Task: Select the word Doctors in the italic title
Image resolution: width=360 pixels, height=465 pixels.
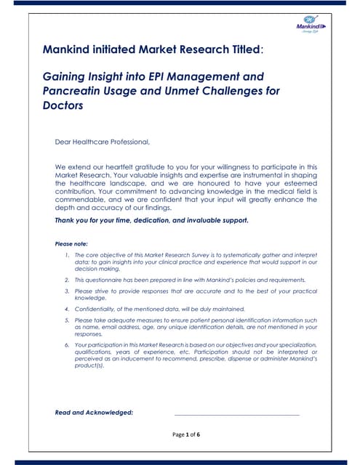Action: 63,105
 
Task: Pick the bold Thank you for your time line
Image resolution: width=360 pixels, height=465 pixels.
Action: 152,219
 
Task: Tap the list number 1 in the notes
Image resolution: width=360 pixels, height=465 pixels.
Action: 66,256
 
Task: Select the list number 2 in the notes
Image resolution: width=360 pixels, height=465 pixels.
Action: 66,279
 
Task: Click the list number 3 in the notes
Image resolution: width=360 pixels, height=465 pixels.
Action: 66,291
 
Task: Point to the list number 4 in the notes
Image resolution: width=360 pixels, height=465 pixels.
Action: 66,309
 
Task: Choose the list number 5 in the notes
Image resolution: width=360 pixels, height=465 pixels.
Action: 66,320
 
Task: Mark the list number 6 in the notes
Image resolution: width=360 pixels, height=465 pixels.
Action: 66,344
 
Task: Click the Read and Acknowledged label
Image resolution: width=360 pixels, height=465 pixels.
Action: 94,413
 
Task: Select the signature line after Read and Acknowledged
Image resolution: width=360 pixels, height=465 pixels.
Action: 236,414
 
